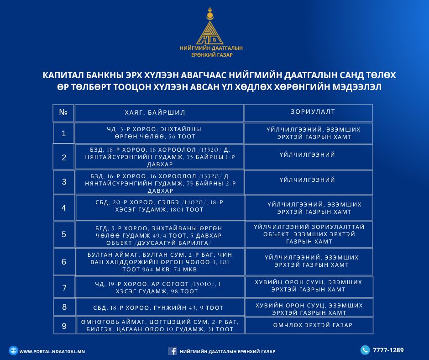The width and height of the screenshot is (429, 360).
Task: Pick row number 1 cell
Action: (64, 133)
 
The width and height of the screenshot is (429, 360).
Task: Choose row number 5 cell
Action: (64, 234)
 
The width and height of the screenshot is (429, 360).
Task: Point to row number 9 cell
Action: (64, 326)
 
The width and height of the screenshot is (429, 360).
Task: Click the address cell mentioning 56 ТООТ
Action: (159, 133)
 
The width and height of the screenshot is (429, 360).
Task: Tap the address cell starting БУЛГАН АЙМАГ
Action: (160, 262)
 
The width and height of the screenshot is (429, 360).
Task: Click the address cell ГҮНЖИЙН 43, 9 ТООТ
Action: (160, 307)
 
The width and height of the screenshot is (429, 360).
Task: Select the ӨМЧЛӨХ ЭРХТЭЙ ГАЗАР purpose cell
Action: (309, 325)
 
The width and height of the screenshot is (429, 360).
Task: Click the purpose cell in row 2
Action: (308, 155)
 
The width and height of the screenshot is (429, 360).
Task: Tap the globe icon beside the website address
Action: (13, 351)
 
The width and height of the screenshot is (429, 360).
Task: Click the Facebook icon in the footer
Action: (173, 351)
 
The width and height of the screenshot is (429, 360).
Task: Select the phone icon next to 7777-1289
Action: (365, 350)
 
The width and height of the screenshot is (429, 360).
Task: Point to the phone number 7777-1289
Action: (388, 350)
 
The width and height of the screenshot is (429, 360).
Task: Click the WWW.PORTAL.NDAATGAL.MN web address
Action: (52, 351)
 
